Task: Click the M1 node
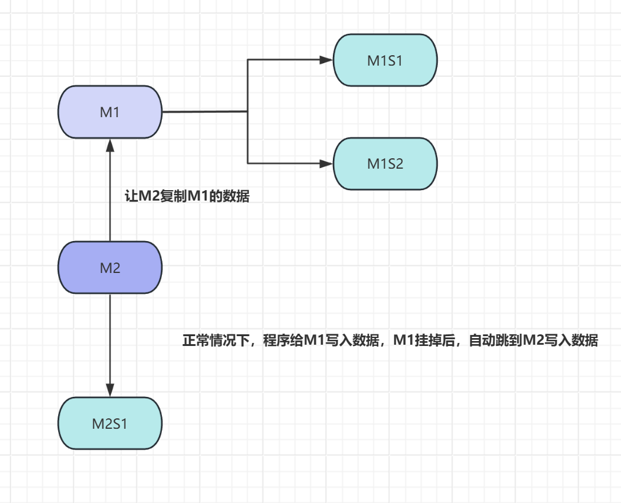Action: (x=110, y=112)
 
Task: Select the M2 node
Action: (x=110, y=267)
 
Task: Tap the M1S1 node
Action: (x=385, y=60)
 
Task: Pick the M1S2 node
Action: (x=385, y=164)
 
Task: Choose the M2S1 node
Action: (x=110, y=423)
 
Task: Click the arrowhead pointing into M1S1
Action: (x=326, y=60)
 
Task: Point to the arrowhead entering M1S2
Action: (x=326, y=164)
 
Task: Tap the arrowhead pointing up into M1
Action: (x=110, y=145)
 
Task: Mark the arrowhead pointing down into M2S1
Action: (x=110, y=390)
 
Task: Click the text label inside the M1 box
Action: (x=110, y=112)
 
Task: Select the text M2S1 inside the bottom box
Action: (x=110, y=424)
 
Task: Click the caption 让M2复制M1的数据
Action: (x=187, y=197)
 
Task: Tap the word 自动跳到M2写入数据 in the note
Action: (x=533, y=341)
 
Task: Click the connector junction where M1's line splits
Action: (x=248, y=112)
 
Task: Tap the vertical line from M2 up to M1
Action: (x=110, y=196)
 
